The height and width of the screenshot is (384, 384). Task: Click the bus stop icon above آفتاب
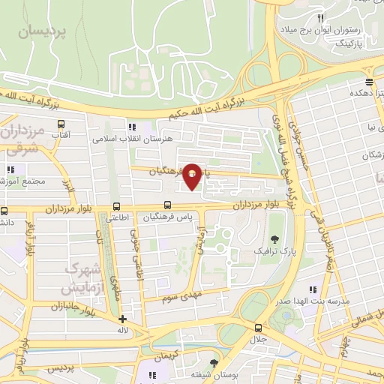[x=61, y=124]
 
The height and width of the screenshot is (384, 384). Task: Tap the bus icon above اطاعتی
[x=116, y=206]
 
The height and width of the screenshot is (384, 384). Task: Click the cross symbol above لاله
[x=122, y=319]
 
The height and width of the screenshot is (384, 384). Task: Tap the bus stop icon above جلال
[x=259, y=328]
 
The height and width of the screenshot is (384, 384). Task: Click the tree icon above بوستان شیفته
[x=214, y=363]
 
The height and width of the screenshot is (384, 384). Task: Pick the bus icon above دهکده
[x=369, y=82]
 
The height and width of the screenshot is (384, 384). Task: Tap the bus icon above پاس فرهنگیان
[x=167, y=205]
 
